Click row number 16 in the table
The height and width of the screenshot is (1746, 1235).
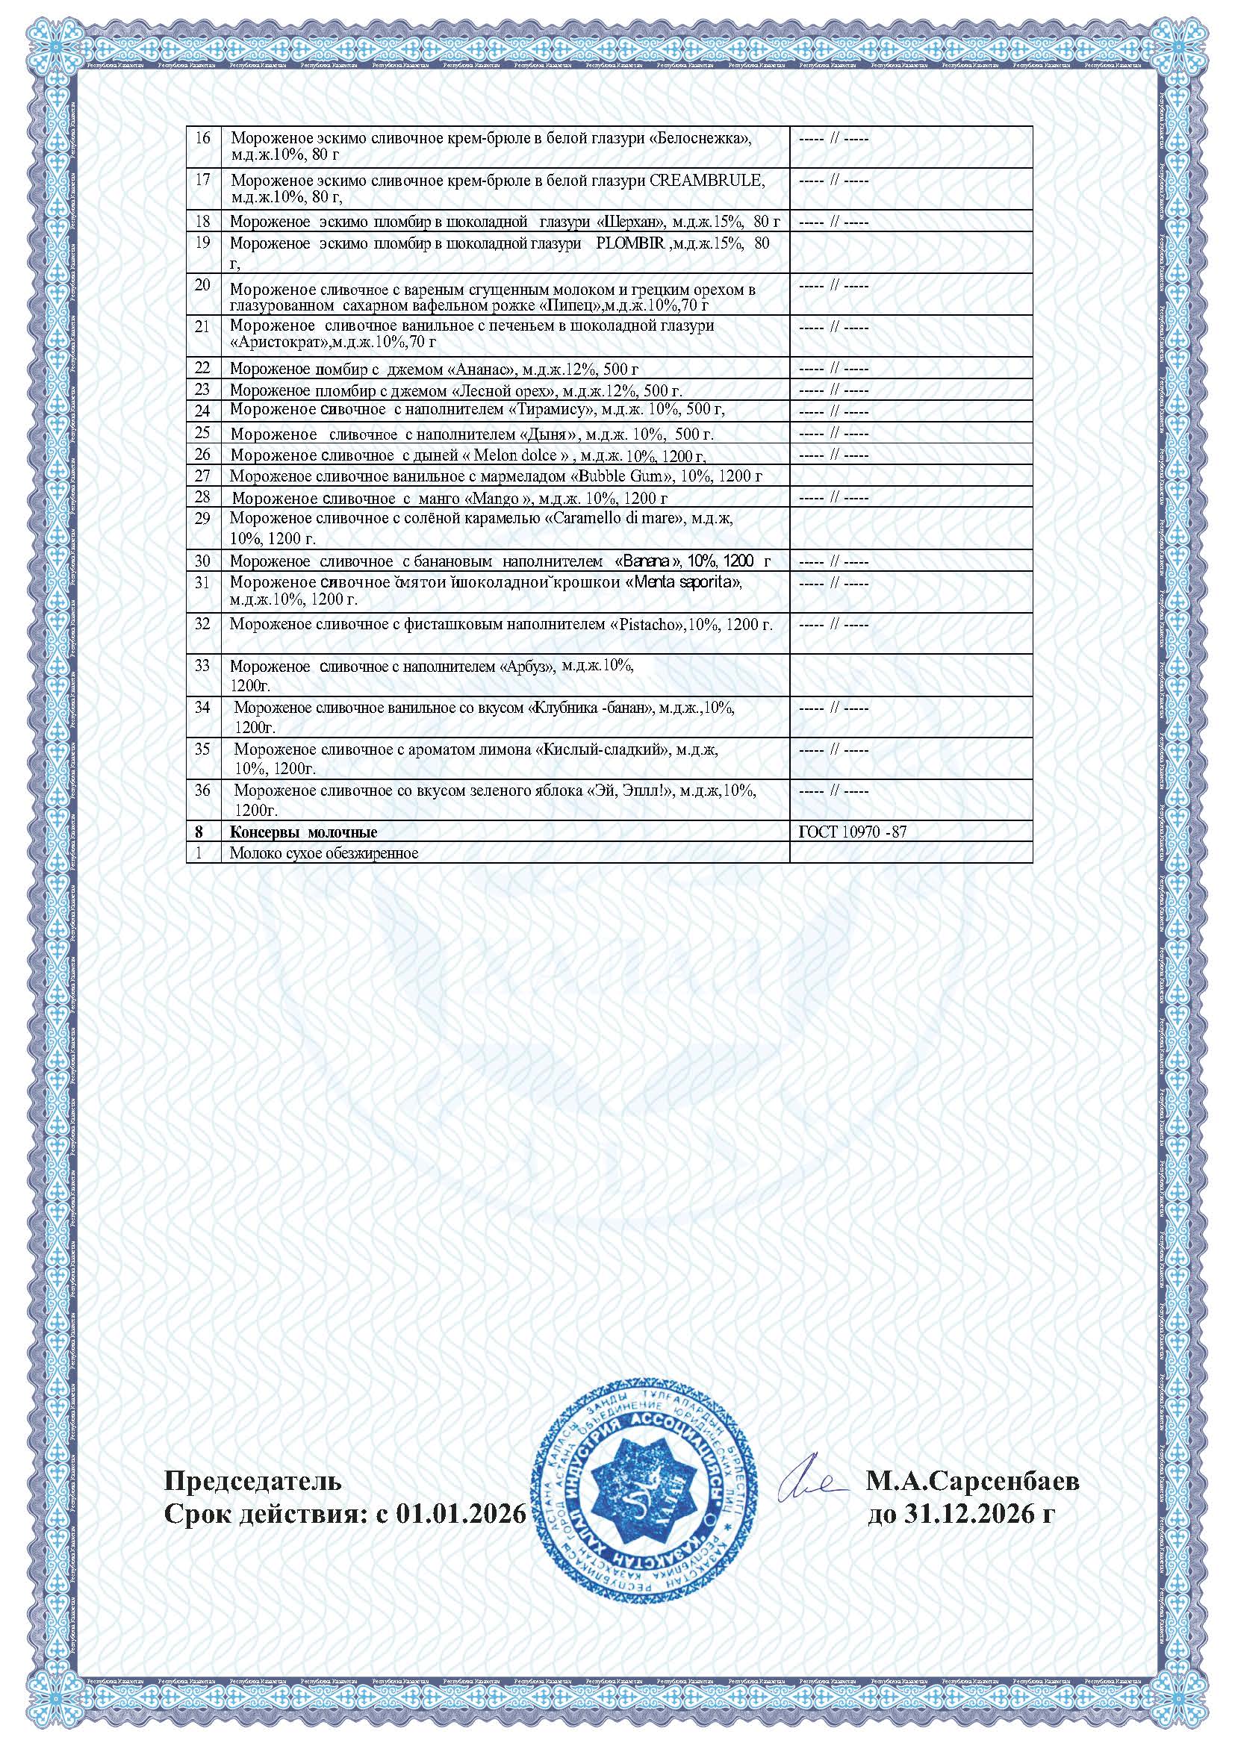coord(203,138)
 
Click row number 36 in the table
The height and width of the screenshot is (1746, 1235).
coord(203,790)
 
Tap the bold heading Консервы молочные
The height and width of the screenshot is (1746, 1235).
coord(303,832)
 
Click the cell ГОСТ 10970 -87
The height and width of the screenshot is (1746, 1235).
coord(852,832)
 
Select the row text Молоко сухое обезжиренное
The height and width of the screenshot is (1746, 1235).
coord(324,853)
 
